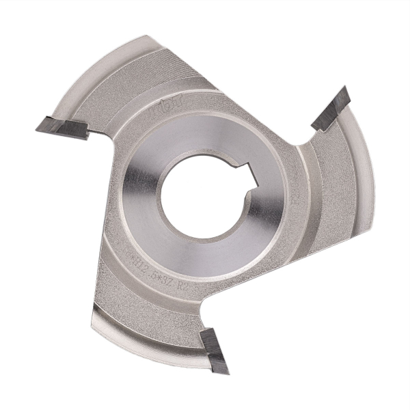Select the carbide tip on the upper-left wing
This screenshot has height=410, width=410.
tap(61, 127)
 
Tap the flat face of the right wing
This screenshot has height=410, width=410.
tap(328, 191)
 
